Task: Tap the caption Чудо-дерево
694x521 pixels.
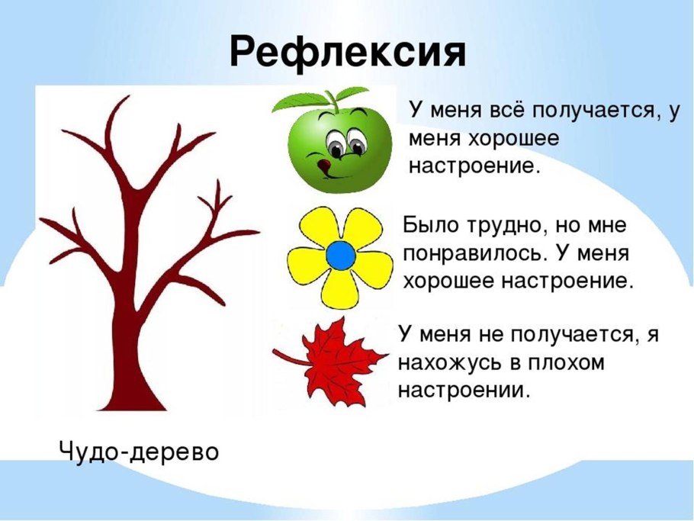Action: [139, 452]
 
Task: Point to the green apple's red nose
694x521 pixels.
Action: [324, 164]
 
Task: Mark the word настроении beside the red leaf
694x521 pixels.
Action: [463, 390]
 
